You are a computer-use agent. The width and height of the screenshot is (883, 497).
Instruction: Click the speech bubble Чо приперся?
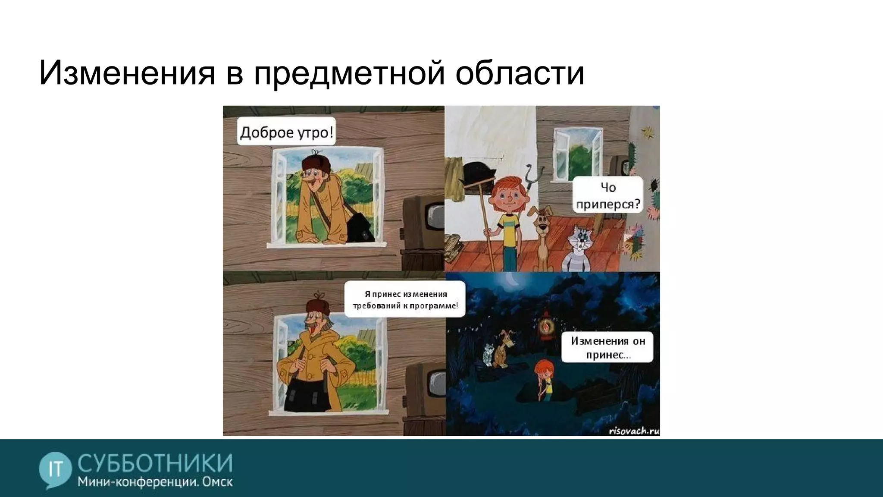point(608,195)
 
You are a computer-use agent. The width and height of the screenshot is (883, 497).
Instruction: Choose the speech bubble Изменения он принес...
point(607,347)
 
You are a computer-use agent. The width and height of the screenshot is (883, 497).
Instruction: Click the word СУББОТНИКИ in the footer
point(155,463)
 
